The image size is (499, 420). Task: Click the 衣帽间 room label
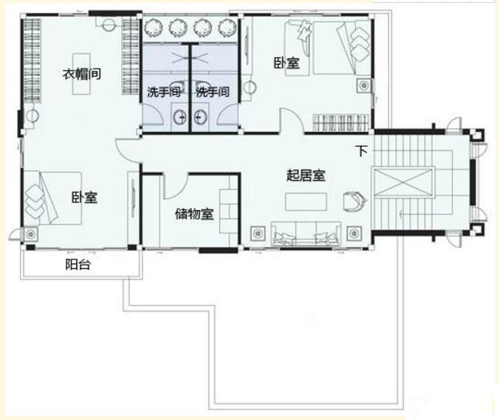coord(82,74)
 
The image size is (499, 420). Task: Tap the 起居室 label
coord(306,175)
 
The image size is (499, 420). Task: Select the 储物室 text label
coord(194,214)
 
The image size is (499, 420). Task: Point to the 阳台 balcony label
coord(78,265)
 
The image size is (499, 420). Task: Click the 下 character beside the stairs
coord(362,151)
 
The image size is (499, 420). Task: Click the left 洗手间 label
coord(164,92)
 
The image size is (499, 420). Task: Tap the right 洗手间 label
coord(213,92)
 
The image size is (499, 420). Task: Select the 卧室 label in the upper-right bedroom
coord(286,63)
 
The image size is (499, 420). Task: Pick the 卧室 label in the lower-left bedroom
coord(84,197)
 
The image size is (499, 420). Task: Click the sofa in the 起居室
coord(306,234)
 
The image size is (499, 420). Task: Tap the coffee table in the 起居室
coord(306,202)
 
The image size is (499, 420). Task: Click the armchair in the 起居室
coord(354,200)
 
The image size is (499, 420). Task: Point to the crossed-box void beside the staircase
coord(404,182)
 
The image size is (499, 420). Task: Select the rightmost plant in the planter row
coord(227,28)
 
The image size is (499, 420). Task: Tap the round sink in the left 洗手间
coord(181,117)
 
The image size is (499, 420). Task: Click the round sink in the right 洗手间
coord(200,117)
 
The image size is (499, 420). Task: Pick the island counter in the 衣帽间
coord(81,74)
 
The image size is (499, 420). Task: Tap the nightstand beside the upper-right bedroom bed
coord(364,85)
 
